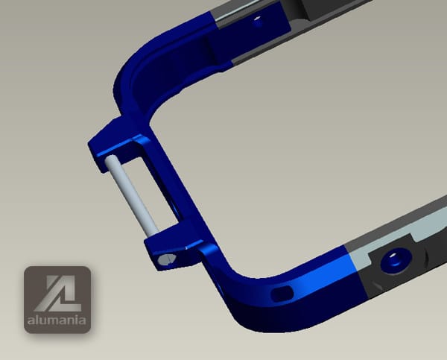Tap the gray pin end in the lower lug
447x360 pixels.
tap(166, 259)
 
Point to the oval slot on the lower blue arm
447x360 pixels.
tap(282, 294)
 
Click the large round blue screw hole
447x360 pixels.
tap(396, 259)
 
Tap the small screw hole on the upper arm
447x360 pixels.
tap(259, 22)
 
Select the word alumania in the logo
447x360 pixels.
tap(57, 320)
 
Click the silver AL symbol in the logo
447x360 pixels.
tap(57, 293)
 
